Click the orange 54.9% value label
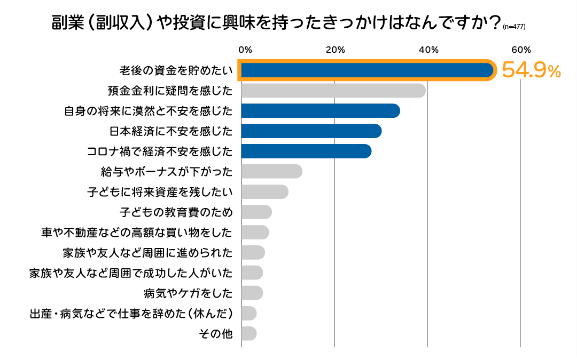(x=531, y=70)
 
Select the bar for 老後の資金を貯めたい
(x=367, y=70)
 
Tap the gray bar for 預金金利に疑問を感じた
(x=333, y=91)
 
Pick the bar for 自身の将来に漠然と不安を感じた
(x=321, y=111)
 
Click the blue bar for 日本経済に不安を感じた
(x=311, y=131)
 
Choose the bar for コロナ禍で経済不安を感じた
(x=306, y=151)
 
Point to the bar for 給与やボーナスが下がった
(x=272, y=172)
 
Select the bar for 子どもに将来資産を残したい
(x=265, y=192)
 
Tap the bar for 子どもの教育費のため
(x=256, y=212)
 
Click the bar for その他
(x=249, y=333)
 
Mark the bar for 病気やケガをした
(x=252, y=293)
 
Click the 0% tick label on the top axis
(x=245, y=50)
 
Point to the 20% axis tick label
(x=335, y=50)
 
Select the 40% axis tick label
(x=428, y=50)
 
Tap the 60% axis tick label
(x=521, y=50)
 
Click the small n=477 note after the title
(x=514, y=27)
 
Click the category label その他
(x=216, y=334)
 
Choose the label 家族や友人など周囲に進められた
(x=148, y=253)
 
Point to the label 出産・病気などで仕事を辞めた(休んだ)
(x=131, y=314)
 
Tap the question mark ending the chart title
(x=494, y=23)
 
